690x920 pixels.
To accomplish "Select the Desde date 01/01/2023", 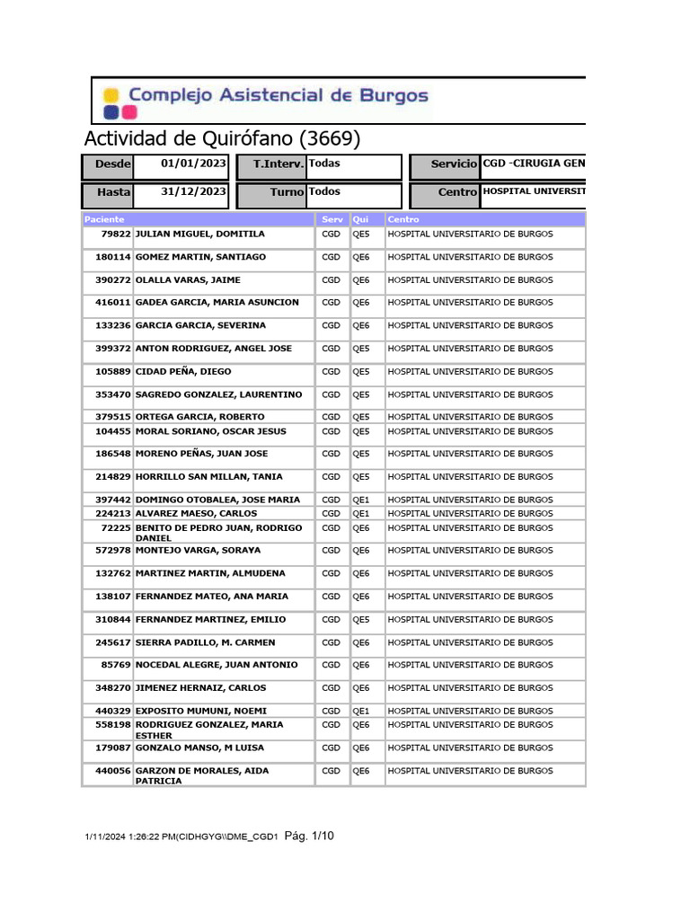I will (x=193, y=164).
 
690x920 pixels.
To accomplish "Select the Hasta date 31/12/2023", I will (x=193, y=192).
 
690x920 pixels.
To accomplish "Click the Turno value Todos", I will (x=324, y=191).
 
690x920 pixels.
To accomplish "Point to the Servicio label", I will (x=454, y=164).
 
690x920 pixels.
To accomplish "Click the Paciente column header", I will (x=104, y=219).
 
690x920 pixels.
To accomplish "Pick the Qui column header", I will (x=361, y=219).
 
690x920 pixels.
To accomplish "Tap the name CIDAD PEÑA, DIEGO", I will (x=183, y=371).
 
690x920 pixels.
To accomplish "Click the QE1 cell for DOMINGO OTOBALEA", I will (x=361, y=500).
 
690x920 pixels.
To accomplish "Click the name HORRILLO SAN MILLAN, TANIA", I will (x=208, y=477).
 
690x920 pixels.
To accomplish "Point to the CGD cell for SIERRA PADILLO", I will (x=332, y=642).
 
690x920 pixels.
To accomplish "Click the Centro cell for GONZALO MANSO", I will (x=470, y=747).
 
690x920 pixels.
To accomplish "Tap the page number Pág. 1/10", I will (x=309, y=836).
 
